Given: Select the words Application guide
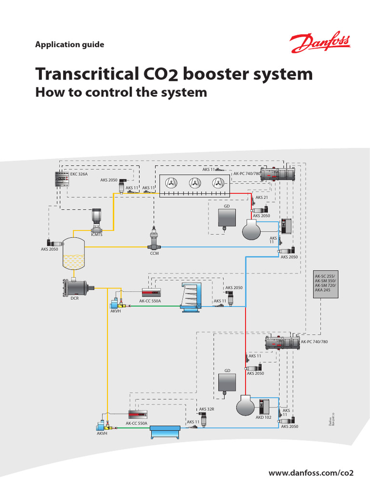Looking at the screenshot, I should [x=69, y=45].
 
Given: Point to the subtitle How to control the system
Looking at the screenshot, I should [x=121, y=92].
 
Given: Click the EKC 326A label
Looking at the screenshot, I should [x=79, y=174].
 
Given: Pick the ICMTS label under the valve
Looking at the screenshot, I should [x=97, y=234].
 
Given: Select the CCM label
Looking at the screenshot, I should [x=154, y=253].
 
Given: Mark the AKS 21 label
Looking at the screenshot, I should [x=262, y=197].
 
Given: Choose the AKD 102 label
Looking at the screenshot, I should [x=263, y=417].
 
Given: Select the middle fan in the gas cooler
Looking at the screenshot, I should [x=194, y=183].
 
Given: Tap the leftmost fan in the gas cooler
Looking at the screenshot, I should [x=170, y=183].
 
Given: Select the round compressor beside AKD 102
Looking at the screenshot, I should [x=247, y=406].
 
